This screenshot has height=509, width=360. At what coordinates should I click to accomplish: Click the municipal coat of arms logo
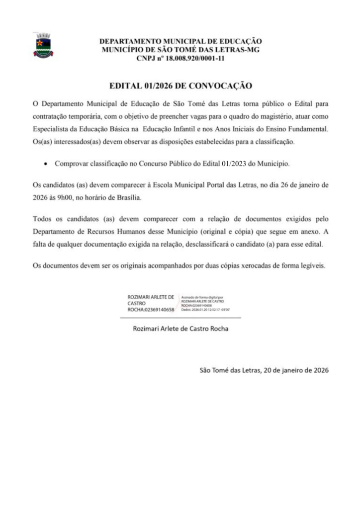click(44, 46)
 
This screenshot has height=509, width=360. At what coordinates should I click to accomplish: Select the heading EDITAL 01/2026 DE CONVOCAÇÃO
click(180, 86)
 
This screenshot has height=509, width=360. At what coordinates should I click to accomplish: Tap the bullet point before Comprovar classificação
click(46, 163)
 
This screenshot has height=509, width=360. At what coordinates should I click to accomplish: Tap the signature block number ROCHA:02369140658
click(151, 309)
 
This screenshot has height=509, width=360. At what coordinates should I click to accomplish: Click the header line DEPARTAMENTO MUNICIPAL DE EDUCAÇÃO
click(180, 41)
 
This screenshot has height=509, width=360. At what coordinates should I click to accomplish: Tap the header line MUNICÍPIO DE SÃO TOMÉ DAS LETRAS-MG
click(180, 50)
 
